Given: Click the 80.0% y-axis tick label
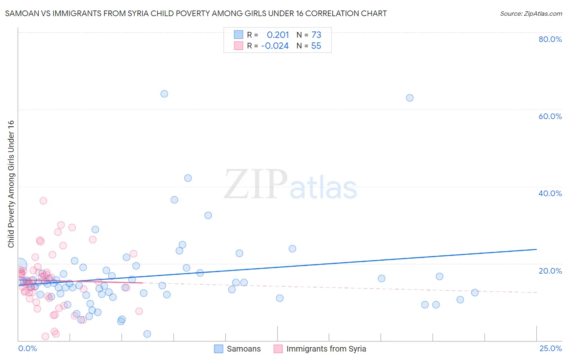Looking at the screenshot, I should coord(550,39).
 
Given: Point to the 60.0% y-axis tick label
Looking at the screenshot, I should coord(550,116).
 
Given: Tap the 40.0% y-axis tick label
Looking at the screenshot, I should coord(550,193).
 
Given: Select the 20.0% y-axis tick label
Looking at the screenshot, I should coord(550,270).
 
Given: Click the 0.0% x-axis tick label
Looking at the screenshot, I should coord(27,348).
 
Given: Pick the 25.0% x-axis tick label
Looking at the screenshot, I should coord(550,348).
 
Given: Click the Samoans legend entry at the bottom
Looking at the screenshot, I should coord(244,349).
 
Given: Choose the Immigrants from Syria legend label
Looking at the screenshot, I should coord(326,349).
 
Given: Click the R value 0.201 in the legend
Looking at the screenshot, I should coord(278,35).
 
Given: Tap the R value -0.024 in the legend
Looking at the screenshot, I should coord(275,46).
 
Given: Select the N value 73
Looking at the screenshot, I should coord(316,35).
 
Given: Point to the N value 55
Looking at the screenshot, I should coord(316,46).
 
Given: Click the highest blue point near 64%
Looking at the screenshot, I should coord(164,94).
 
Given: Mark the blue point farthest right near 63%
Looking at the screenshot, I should coord(410,98).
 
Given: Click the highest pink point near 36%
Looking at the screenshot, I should coord(43,201).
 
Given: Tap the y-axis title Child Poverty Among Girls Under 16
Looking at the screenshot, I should coord(11,184).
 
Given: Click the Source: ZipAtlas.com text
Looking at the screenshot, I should coord(531,14).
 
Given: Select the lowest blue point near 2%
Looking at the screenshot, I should coord(147,334).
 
